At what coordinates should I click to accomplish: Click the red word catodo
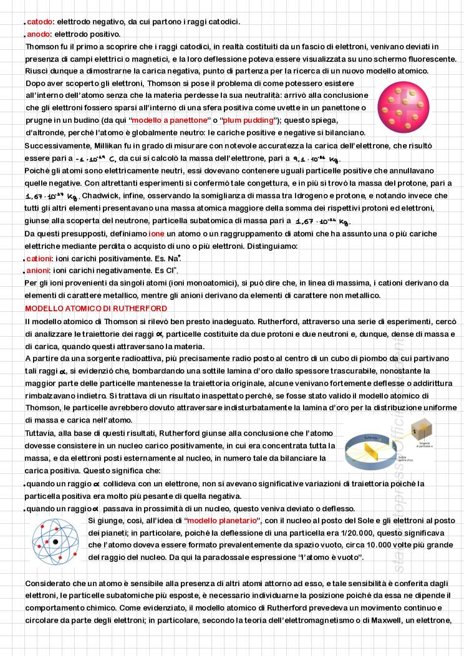(39, 22)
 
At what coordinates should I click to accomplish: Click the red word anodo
(39, 34)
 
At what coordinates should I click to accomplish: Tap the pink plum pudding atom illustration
(399, 102)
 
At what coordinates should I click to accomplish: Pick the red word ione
(157, 233)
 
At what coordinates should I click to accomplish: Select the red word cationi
(39, 258)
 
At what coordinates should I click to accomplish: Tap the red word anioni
(39, 271)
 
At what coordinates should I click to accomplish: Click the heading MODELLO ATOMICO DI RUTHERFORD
(96, 309)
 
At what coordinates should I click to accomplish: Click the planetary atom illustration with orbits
(56, 541)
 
